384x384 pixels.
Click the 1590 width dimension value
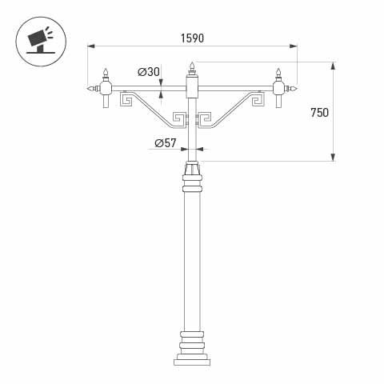(191, 38)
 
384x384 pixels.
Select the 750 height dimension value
(318, 113)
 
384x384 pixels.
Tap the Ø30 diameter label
(149, 73)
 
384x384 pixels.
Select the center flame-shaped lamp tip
(191, 66)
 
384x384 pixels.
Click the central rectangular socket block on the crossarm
(191, 85)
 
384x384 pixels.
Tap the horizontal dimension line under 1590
(191, 46)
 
